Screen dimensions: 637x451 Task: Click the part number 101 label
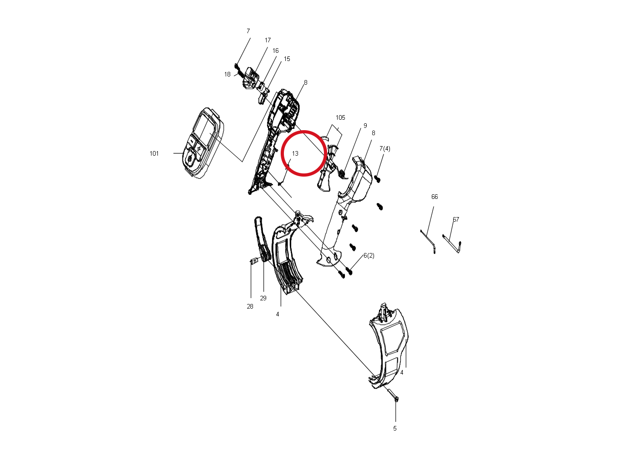pos(154,153)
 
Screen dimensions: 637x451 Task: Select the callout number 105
pos(340,117)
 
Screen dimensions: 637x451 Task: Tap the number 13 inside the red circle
pos(295,153)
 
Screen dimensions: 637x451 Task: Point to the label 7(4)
pos(385,149)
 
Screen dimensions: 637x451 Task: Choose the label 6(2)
pos(369,256)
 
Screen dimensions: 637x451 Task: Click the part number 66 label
pos(435,197)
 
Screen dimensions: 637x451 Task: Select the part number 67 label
pos(456,219)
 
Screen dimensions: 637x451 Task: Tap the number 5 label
pos(395,428)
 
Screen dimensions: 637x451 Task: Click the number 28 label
pos(250,306)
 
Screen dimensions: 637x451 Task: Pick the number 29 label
pos(263,298)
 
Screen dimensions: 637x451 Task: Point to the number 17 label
pos(268,41)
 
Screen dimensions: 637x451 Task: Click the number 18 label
pos(227,75)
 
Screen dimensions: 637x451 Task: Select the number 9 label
pos(365,126)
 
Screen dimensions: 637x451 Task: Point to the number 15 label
pos(287,59)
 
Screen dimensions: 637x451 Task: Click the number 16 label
pos(276,51)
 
